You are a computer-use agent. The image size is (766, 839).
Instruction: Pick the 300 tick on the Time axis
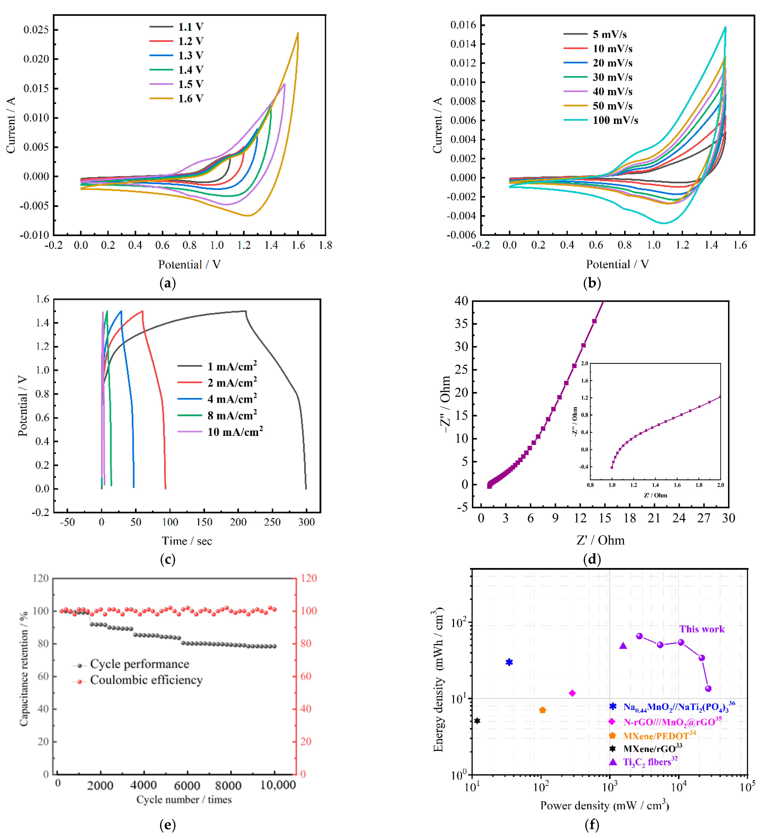point(306,522)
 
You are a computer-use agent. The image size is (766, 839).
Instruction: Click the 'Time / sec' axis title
point(187,541)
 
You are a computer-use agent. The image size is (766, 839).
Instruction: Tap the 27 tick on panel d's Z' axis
point(704,518)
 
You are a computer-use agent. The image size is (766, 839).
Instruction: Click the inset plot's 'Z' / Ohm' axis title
point(655,495)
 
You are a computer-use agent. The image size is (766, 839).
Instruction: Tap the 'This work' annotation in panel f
point(702,629)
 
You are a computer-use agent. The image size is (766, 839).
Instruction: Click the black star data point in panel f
point(477,721)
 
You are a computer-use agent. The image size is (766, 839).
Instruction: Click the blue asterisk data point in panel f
point(509,662)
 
